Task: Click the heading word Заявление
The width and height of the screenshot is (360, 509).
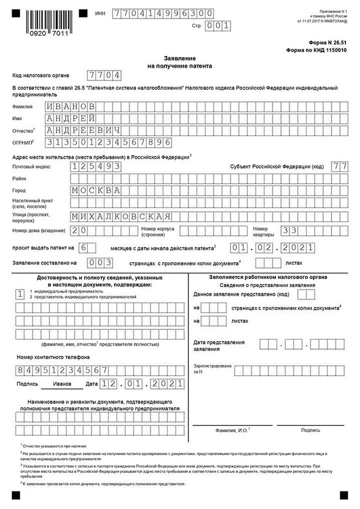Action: pyautogui.click(x=180, y=59)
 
